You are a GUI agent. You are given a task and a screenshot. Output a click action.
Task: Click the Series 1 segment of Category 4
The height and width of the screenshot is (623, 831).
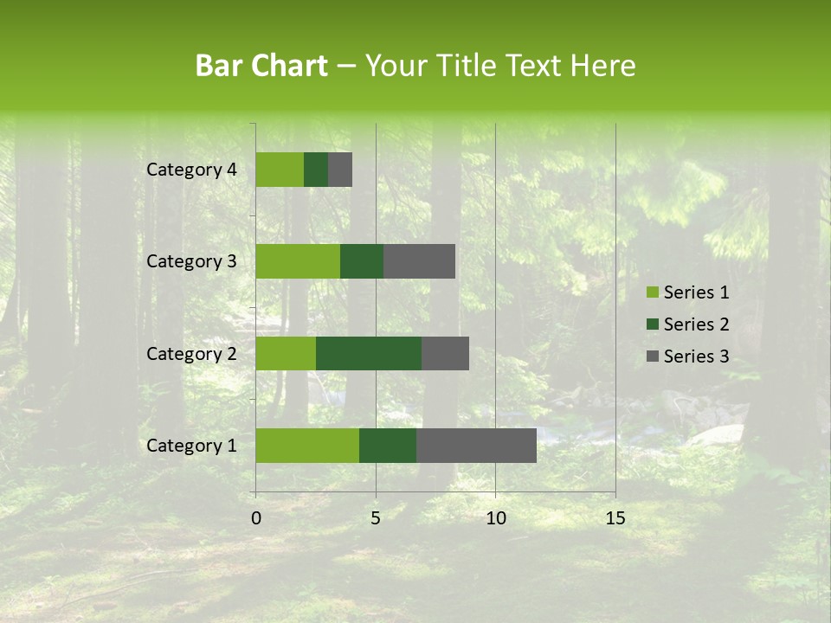[280, 170]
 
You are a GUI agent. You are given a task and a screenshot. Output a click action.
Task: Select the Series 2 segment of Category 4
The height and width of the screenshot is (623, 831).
[316, 170]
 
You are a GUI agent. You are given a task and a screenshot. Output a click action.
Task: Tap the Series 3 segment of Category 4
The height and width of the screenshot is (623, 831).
[340, 170]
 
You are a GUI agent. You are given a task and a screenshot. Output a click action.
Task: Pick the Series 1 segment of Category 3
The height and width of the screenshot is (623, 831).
[298, 261]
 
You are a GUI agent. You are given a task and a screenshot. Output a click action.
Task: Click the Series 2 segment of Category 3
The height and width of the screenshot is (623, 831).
[362, 261]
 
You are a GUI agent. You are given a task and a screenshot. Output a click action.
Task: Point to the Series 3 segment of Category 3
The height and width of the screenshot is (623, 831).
[419, 261]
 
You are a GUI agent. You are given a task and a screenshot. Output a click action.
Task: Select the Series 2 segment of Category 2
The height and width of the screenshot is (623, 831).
[369, 353]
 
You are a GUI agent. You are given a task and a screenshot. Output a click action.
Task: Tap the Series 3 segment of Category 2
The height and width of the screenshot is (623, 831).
[445, 353]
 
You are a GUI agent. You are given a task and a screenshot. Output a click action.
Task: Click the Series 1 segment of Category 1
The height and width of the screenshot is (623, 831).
[307, 446]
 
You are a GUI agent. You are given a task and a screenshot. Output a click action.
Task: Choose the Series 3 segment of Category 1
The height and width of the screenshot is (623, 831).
[476, 446]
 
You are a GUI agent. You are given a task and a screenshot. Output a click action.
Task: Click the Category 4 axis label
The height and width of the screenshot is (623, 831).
[191, 170]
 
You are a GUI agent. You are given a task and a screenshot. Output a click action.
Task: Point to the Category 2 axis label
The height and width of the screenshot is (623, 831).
[191, 353]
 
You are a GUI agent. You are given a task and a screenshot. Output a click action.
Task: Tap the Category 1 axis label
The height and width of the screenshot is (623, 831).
[191, 446]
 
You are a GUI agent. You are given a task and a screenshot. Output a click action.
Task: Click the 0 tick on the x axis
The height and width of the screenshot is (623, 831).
[256, 518]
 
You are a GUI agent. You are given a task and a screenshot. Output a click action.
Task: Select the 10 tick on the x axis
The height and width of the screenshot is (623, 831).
[495, 518]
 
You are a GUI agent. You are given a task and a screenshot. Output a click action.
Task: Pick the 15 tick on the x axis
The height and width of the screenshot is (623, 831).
[615, 518]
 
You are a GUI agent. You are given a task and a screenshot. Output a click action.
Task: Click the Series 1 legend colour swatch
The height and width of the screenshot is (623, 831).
[651, 292]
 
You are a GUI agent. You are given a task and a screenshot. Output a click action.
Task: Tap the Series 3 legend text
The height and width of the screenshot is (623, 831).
[696, 356]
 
